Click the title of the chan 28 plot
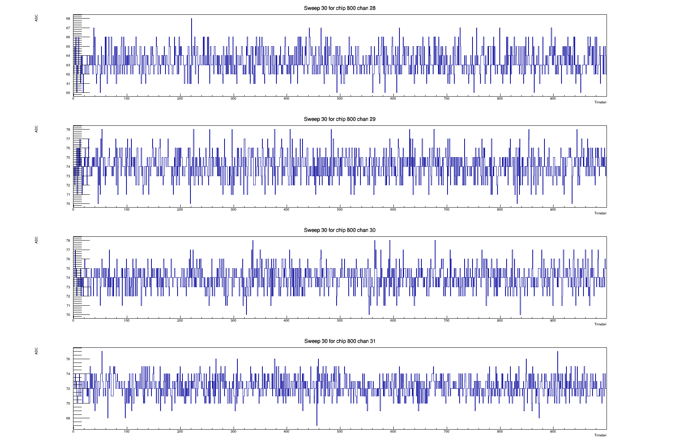340,8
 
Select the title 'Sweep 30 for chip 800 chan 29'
340,119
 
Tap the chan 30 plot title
340,230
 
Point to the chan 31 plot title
340,341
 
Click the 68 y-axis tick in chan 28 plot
68,19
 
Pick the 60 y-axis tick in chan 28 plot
68,93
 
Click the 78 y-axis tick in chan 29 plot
68,130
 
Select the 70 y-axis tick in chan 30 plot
68,315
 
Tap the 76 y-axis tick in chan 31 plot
68,359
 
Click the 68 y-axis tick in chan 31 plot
68,418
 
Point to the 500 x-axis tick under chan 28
340,98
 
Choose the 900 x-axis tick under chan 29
553,209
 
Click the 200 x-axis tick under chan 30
180,320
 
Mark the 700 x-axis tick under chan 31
446,431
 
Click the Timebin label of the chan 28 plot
600,102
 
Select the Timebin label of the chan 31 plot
600,435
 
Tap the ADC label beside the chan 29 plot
37,129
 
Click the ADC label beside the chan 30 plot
37,240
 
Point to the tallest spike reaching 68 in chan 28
191,19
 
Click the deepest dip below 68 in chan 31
317,425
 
